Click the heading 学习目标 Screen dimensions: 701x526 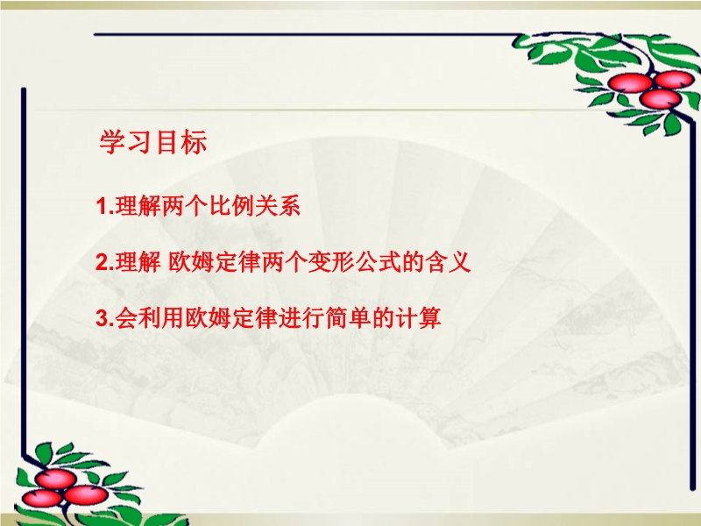pyautogui.click(x=153, y=142)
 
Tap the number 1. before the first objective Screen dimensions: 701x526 pyautogui.click(x=105, y=206)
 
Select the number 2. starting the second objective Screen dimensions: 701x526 pyautogui.click(x=105, y=262)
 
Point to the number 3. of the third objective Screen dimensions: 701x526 pyautogui.click(x=105, y=318)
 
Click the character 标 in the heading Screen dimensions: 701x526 pyautogui.click(x=195, y=142)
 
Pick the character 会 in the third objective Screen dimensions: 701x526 pyautogui.click(x=126, y=318)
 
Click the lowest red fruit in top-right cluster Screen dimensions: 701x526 pyautogui.click(x=661, y=99)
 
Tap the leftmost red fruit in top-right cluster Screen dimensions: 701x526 pyautogui.click(x=630, y=83)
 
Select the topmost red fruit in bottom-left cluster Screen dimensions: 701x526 pyautogui.click(x=56, y=479)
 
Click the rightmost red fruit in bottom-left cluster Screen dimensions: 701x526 pyautogui.click(x=86, y=495)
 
